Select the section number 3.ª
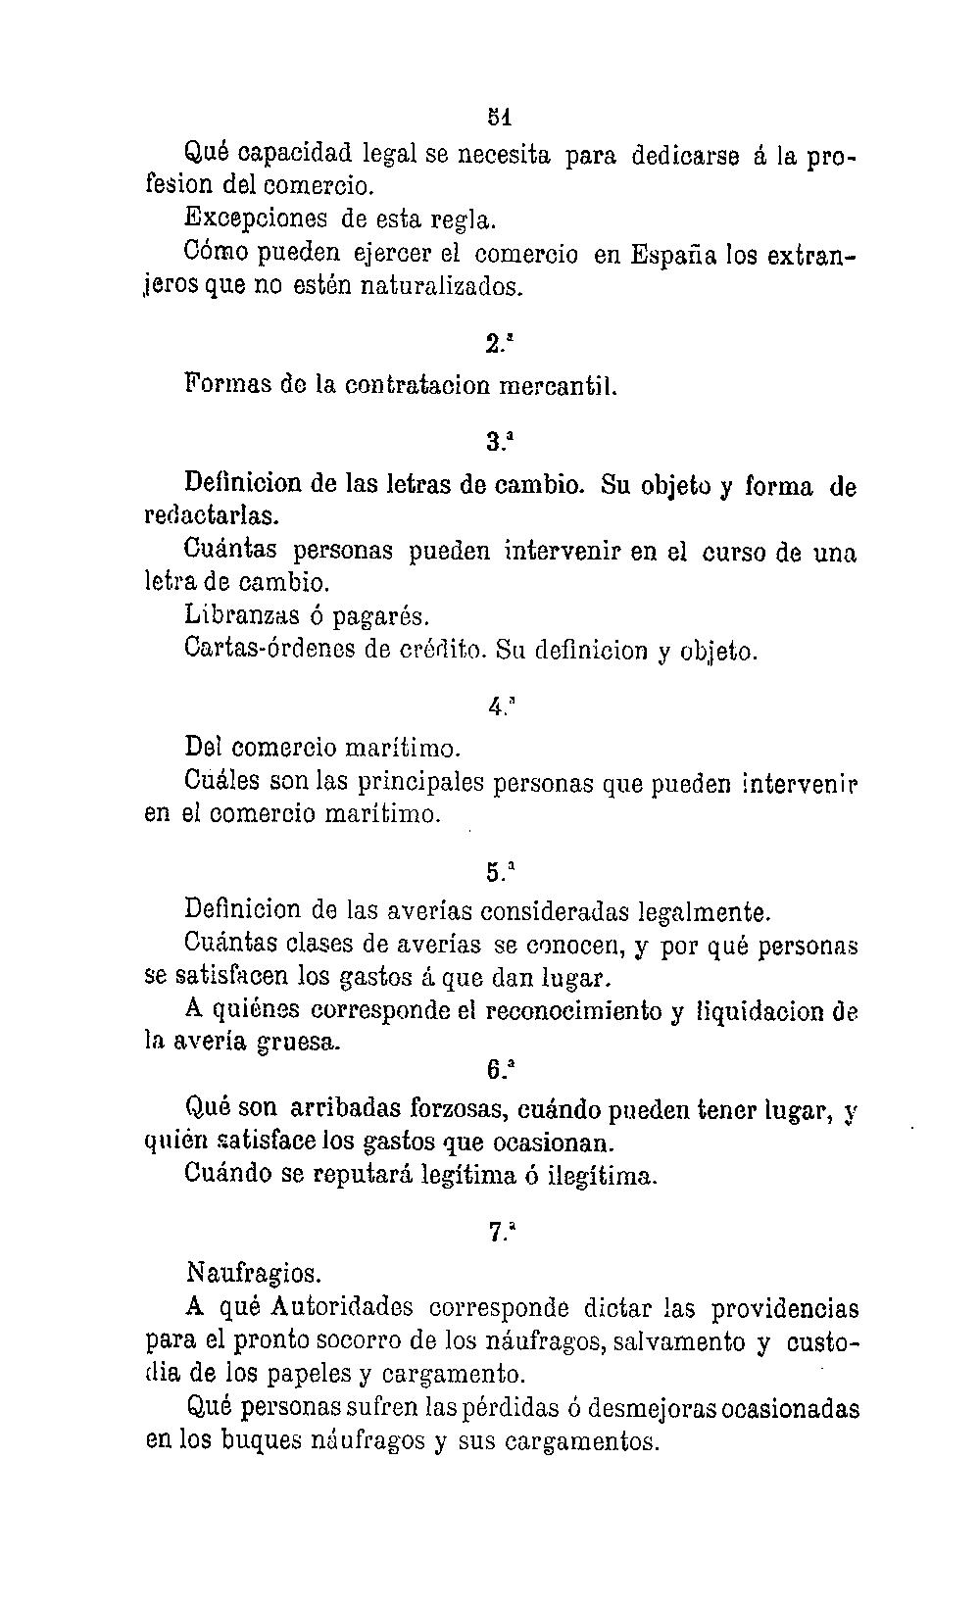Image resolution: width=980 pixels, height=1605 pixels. pos(499,441)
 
